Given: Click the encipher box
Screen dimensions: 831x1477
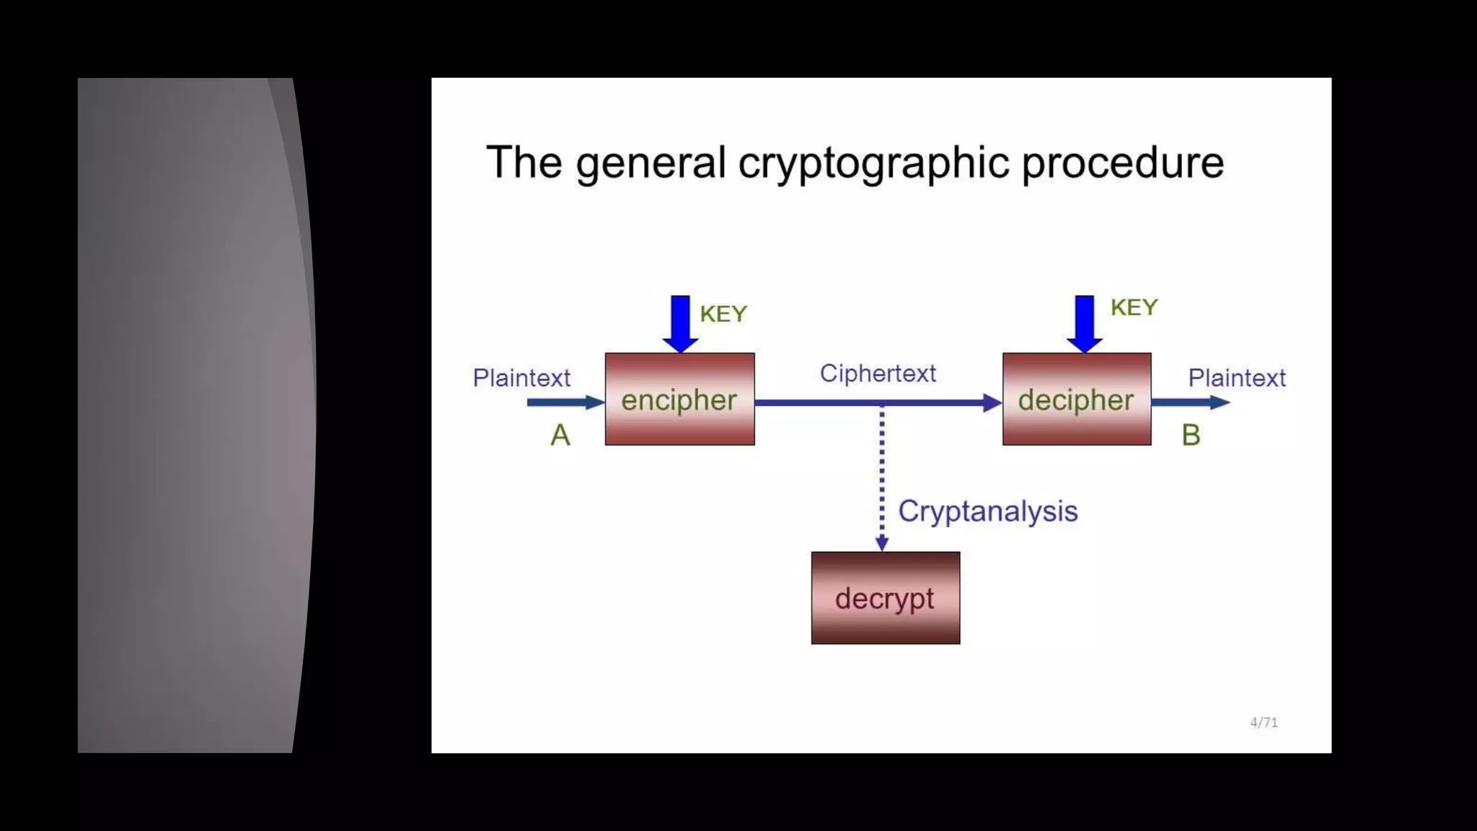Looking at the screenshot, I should [x=679, y=399].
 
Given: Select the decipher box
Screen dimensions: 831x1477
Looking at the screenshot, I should [x=1076, y=399].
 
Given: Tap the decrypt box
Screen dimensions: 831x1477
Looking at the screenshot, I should [x=885, y=598].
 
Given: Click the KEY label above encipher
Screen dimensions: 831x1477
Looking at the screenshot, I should [x=723, y=315].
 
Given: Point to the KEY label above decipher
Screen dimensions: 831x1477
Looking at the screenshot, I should [x=1134, y=308].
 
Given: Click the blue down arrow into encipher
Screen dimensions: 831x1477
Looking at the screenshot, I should [x=680, y=323].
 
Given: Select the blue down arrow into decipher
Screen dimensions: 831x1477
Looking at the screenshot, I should [x=1084, y=323].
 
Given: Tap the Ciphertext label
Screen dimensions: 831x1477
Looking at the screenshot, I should [x=878, y=374].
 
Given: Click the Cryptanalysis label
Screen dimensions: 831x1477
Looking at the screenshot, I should [x=987, y=511].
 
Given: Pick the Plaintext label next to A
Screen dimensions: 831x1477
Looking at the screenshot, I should [x=521, y=378].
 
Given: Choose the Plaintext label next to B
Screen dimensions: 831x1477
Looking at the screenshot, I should [x=1237, y=378].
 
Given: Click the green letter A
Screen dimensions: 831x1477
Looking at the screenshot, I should [x=560, y=435].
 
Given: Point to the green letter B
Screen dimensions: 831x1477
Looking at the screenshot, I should [x=1191, y=435].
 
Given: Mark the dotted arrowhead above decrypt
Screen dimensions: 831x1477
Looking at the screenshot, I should [x=881, y=543].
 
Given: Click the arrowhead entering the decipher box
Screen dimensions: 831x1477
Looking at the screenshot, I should [x=992, y=403].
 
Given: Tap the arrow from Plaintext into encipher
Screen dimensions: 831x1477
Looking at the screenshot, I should [x=565, y=403].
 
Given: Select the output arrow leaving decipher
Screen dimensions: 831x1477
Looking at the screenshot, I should [x=1190, y=403].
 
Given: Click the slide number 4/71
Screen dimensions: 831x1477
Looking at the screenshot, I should [x=1264, y=722].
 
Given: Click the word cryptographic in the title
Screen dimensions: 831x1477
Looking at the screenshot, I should [x=873, y=163].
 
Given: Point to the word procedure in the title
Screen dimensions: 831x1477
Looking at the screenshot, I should [x=1122, y=163].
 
